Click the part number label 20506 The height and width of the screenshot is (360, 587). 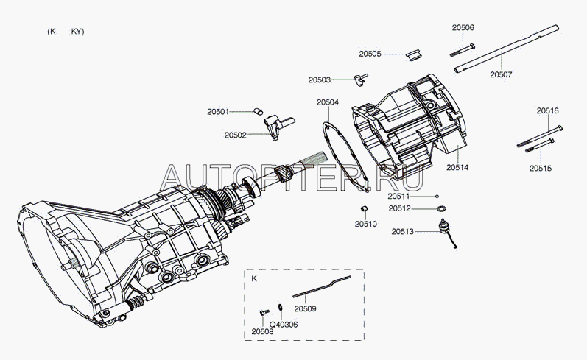tap(463, 27)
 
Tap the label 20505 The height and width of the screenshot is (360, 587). tap(370, 54)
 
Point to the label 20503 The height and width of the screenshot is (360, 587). tap(320, 80)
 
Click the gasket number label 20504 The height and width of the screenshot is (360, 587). tap(328, 102)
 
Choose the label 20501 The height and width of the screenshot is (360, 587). tap(218, 112)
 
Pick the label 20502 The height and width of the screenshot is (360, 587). tap(236, 135)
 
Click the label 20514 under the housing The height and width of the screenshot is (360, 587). tap(457, 168)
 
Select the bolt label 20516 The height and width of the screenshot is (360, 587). tap(547, 110)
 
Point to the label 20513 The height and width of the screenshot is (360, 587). tap(402, 231)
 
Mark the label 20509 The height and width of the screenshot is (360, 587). tap(305, 308)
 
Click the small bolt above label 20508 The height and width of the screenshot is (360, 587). tap(262, 313)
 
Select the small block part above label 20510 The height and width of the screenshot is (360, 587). tap(364, 209)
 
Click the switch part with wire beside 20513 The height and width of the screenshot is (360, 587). tap(446, 231)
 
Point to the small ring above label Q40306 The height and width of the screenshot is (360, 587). tap(281, 308)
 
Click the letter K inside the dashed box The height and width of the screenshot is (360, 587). tap(254, 280)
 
